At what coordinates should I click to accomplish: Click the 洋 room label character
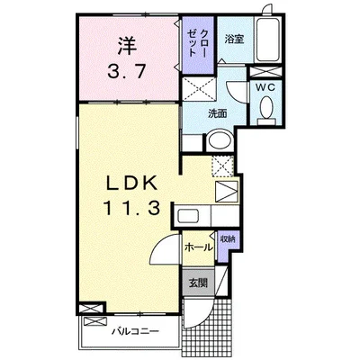[127, 46]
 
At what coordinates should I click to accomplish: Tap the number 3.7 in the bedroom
[127, 72]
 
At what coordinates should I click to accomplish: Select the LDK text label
[132, 183]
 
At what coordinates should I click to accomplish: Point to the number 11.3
[132, 208]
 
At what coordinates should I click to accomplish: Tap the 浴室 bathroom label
[234, 40]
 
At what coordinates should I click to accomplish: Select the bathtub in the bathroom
[268, 40]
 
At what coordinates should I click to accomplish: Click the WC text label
[265, 87]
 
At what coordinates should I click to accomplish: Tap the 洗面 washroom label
[218, 113]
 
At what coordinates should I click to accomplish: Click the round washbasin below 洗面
[220, 140]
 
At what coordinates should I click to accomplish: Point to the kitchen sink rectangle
[187, 216]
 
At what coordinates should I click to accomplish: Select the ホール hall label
[199, 247]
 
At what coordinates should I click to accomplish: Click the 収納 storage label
[228, 239]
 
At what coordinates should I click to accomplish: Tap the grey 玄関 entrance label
[198, 283]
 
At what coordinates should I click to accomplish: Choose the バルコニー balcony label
[135, 331]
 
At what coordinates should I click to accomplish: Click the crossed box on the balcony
[95, 322]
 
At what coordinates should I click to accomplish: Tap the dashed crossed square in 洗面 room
[199, 89]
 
